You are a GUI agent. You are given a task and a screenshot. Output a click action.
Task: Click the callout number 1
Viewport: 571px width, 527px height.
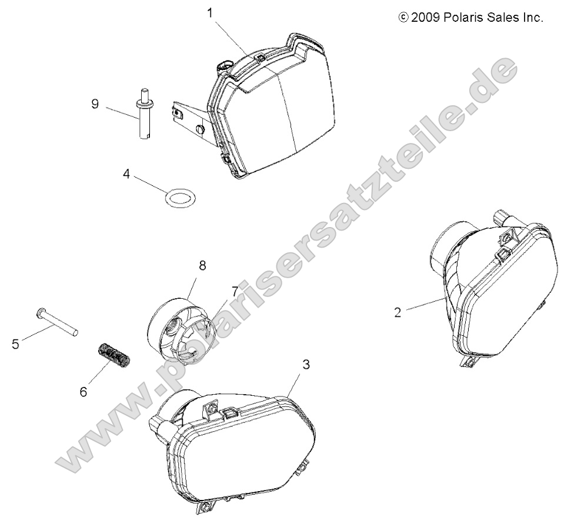click(x=210, y=13)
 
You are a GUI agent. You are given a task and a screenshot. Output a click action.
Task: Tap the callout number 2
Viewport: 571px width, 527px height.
click(x=398, y=312)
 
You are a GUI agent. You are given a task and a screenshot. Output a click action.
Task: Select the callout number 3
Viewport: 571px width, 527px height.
click(x=306, y=364)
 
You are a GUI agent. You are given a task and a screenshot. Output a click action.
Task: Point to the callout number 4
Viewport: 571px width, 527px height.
click(x=126, y=174)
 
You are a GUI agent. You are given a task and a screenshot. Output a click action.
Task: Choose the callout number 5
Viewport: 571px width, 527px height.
click(x=15, y=344)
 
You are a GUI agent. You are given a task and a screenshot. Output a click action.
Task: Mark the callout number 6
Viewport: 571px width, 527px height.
click(x=84, y=392)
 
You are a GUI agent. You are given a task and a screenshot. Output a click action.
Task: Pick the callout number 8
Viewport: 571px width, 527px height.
click(x=202, y=265)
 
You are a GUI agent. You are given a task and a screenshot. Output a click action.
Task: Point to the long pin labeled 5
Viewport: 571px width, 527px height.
click(x=57, y=322)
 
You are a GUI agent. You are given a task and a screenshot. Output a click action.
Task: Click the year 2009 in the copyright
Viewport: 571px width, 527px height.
click(x=426, y=18)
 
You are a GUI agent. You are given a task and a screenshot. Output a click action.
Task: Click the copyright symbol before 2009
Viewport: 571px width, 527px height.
click(x=403, y=18)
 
